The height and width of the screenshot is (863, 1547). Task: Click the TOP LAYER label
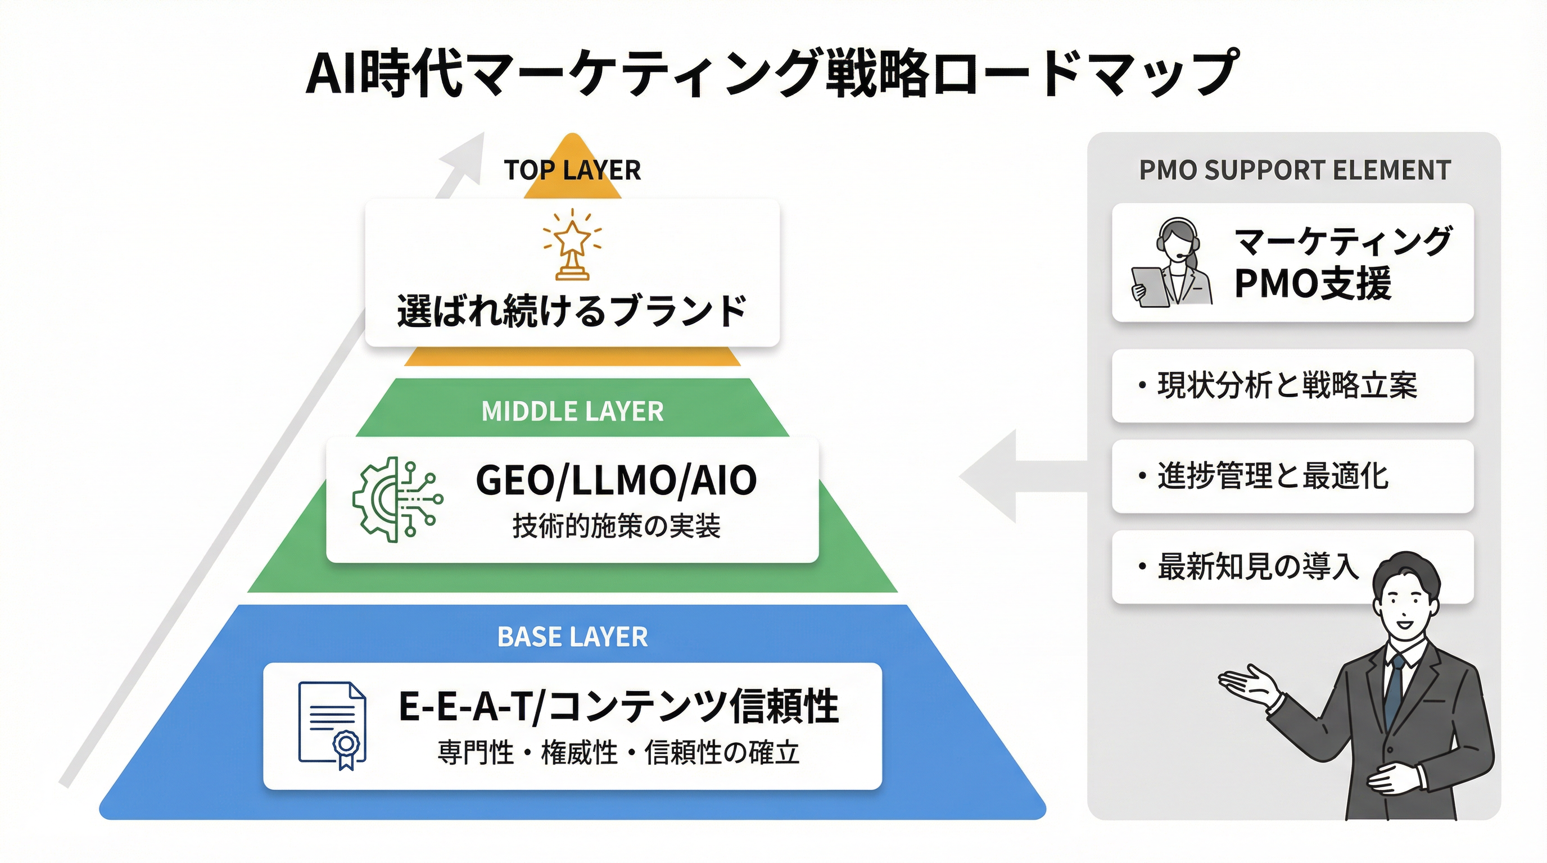click(x=572, y=170)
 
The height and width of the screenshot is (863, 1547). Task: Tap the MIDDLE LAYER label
click(x=572, y=412)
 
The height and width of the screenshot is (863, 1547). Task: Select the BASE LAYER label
click(x=572, y=637)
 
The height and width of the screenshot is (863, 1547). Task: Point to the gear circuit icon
click(x=397, y=499)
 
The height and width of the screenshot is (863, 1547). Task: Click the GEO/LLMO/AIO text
click(x=616, y=480)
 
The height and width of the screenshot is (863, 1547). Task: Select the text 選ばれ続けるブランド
click(x=572, y=311)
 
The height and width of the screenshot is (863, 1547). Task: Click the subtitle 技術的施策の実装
click(x=616, y=526)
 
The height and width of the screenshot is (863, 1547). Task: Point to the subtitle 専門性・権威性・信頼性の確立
click(x=618, y=752)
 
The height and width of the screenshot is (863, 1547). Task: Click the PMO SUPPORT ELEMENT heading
click(x=1295, y=170)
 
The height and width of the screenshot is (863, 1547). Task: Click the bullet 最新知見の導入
click(x=1257, y=566)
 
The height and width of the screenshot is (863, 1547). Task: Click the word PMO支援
click(x=1312, y=283)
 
